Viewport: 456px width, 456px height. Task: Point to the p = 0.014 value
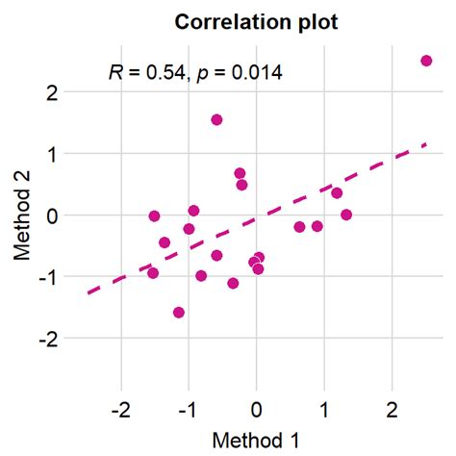pos(243,72)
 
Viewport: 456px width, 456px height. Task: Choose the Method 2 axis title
pos(23,215)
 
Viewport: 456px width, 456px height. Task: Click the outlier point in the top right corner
pos(426,61)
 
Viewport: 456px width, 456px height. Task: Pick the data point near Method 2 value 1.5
pos(216,120)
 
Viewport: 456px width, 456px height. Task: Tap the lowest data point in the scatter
pos(179,313)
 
